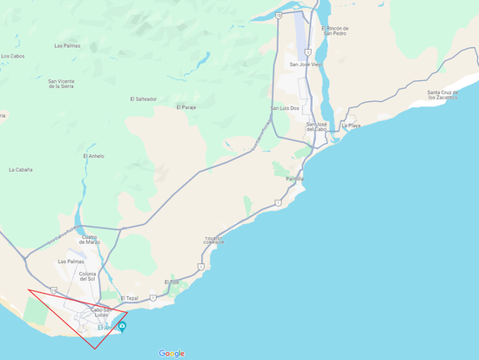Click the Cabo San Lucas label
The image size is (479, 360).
click(x=101, y=311)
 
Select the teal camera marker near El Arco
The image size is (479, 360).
click(x=123, y=327)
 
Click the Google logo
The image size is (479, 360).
click(x=172, y=353)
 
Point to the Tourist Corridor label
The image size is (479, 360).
click(x=214, y=240)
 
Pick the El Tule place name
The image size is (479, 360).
click(x=172, y=282)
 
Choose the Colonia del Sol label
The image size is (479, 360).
click(x=87, y=277)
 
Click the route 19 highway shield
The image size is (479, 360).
click(x=54, y=289)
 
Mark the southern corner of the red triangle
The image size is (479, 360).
click(x=94, y=349)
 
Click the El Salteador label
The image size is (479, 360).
click(x=143, y=99)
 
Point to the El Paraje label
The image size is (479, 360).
click(x=186, y=107)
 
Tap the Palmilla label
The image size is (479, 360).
click(x=295, y=178)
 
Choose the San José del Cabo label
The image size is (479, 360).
click(x=317, y=126)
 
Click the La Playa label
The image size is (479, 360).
click(x=350, y=126)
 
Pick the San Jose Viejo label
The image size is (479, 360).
click(x=306, y=64)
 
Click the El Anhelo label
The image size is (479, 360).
click(x=94, y=156)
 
